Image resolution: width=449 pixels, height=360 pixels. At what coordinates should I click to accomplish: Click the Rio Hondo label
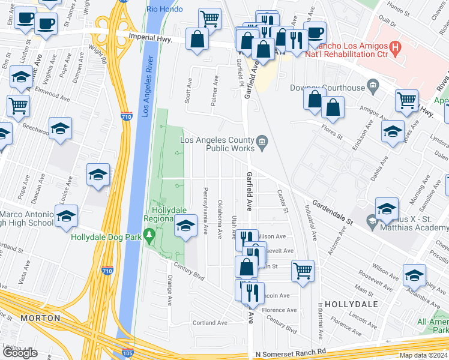[160, 8]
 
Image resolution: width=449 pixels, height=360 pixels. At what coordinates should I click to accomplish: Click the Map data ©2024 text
[423, 355]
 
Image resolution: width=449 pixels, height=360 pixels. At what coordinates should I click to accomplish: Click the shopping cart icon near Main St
[302, 269]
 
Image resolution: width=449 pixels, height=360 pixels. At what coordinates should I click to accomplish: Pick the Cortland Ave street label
[209, 322]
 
